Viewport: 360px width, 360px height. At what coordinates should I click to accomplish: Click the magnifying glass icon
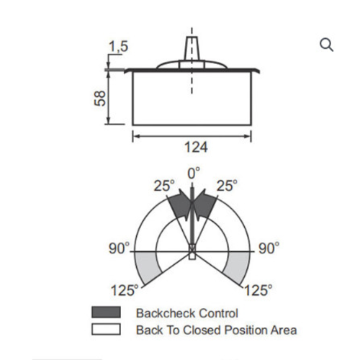(326, 45)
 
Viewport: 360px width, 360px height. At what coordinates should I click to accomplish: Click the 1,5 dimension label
(119, 46)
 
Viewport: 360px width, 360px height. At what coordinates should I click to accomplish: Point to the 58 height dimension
(99, 98)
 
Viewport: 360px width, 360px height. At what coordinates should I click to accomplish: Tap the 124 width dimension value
(196, 147)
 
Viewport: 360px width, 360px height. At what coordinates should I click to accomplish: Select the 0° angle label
(194, 174)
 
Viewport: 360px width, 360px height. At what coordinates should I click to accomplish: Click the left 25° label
(164, 186)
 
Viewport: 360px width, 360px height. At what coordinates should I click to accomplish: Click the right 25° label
(227, 186)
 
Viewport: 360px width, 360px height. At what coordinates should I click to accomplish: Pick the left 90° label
(119, 248)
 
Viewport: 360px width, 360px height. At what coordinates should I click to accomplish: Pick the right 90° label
(269, 248)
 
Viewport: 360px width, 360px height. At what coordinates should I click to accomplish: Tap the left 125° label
(125, 290)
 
